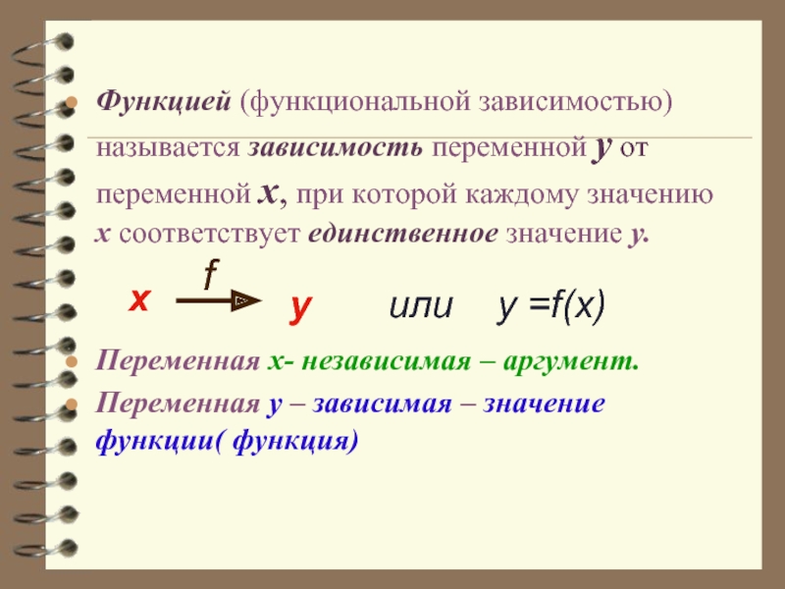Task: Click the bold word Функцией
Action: [x=164, y=103]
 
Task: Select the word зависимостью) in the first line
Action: [x=575, y=103]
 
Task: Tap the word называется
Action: [x=168, y=148]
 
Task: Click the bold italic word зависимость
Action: [x=336, y=148]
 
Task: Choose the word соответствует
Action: [x=209, y=234]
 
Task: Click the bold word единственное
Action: [x=403, y=234]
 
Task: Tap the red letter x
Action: [x=139, y=300]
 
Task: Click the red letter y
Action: [x=300, y=307]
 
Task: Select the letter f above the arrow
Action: [x=212, y=275]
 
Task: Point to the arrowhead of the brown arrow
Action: [x=246, y=300]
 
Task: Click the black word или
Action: [x=421, y=306]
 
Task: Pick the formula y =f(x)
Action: [x=551, y=306]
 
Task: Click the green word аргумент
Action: [x=571, y=362]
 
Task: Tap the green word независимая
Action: [x=386, y=361]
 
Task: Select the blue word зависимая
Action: [x=382, y=403]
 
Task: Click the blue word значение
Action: [x=544, y=403]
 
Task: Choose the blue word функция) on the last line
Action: [x=296, y=442]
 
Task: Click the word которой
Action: [x=404, y=194]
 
